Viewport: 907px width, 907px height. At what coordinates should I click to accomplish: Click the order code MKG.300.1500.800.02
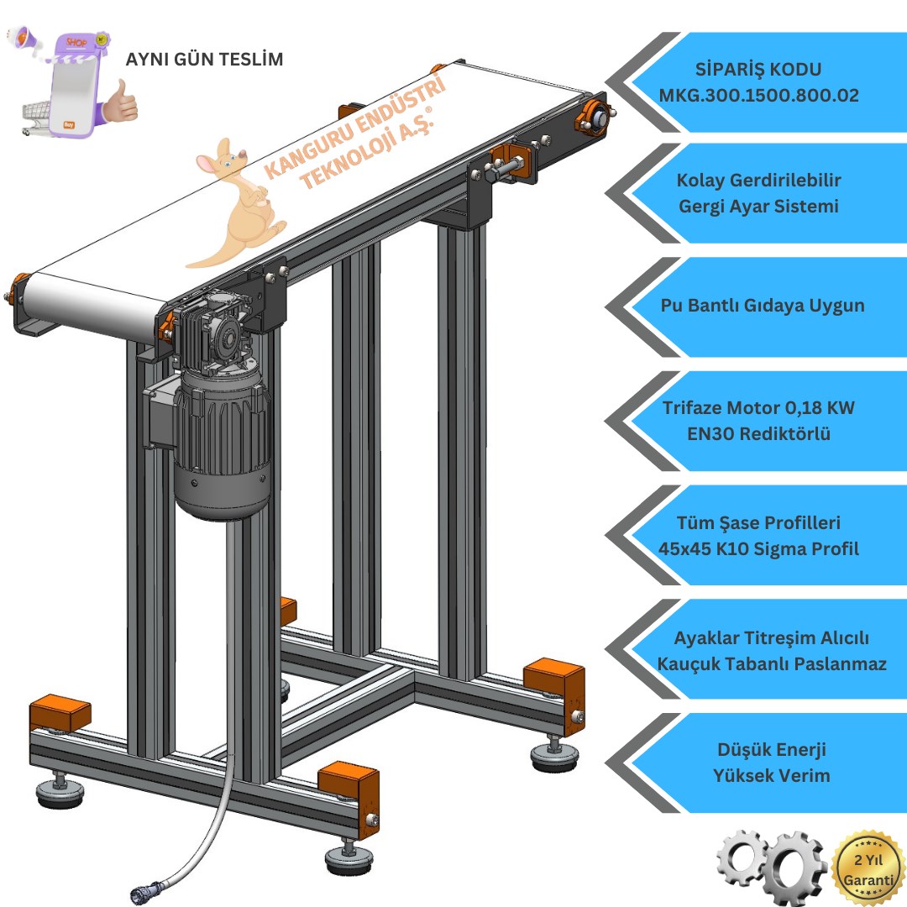coord(758,96)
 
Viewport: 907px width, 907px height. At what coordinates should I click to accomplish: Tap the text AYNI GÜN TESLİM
coord(204,60)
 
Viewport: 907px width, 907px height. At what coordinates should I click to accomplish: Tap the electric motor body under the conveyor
coord(222,445)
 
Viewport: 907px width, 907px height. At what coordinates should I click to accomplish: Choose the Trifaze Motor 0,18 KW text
coord(758,408)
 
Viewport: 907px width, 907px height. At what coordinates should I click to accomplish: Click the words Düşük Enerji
coord(760,749)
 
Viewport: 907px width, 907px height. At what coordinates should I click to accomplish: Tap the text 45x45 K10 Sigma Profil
coord(758,549)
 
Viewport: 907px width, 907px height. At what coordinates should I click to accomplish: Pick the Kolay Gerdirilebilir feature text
coord(758,180)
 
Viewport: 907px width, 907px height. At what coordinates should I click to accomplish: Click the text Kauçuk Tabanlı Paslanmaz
coord(772,663)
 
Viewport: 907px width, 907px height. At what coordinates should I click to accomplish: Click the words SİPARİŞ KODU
coord(758,70)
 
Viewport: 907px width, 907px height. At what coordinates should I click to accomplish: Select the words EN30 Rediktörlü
coord(758,434)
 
